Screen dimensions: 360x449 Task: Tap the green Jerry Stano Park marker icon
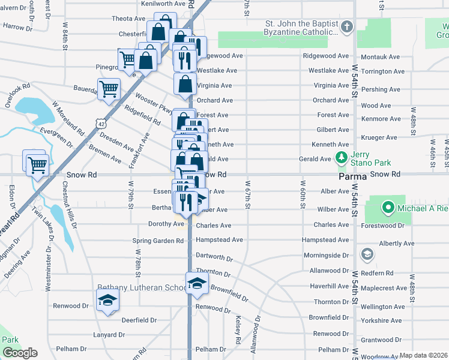342,158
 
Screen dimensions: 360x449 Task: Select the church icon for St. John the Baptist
347,27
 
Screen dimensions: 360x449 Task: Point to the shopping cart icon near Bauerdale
109,89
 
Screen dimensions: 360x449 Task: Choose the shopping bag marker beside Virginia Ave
185,84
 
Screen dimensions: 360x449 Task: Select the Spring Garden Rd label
158,241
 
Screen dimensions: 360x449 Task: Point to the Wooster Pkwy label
154,103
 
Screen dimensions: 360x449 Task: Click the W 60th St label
303,195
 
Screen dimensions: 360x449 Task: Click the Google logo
20,353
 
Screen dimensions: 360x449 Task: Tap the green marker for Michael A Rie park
388,208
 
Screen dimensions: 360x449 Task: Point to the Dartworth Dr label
214,257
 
